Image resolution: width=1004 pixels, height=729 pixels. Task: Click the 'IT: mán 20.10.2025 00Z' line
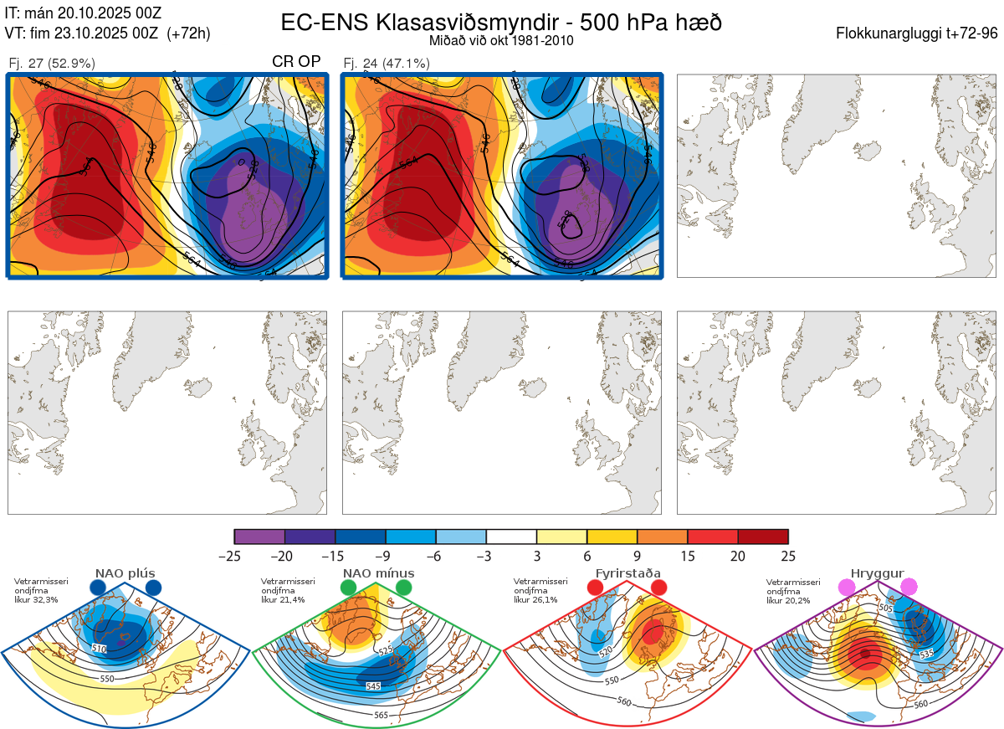tap(83, 13)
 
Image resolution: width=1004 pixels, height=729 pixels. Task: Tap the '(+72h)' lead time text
tap(188, 33)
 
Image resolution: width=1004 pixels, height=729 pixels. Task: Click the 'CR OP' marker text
tap(296, 62)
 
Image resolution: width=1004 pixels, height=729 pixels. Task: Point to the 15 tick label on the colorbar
tap(687, 556)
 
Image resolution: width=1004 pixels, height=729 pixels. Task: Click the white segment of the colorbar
tap(511, 536)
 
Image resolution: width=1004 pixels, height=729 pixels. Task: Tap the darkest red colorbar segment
tap(763, 536)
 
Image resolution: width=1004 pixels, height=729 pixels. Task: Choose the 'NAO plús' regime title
tap(125, 573)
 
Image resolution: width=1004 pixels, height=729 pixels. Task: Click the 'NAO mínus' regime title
tap(378, 573)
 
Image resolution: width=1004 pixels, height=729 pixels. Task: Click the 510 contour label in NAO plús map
tap(100, 649)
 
